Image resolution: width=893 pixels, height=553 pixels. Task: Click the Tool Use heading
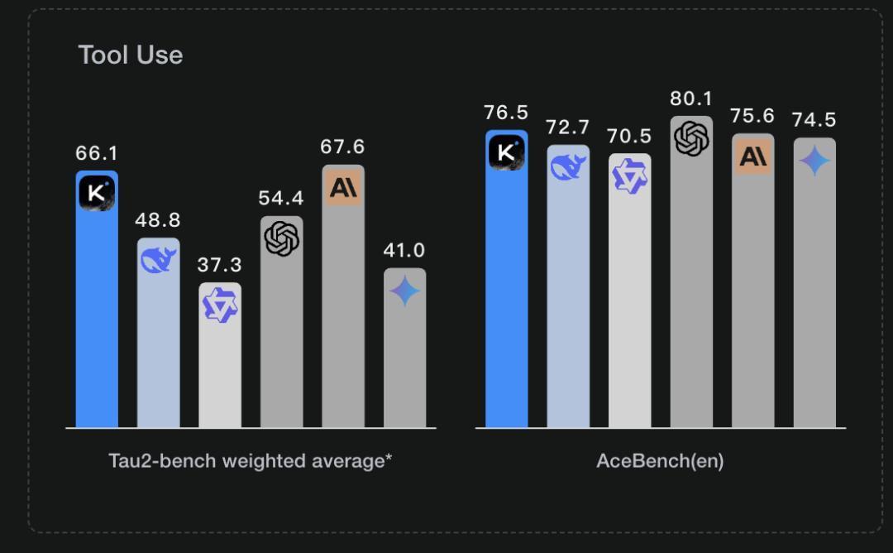pyautogui.click(x=131, y=55)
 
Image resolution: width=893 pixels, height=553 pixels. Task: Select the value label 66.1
pyautogui.click(x=97, y=153)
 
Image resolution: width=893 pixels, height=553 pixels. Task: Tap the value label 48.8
pyautogui.click(x=158, y=220)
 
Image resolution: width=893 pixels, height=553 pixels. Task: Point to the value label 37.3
pyautogui.click(x=220, y=265)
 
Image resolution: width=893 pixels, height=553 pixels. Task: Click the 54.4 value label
pyautogui.click(x=281, y=199)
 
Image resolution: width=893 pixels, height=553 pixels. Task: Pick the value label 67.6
pyautogui.click(x=343, y=147)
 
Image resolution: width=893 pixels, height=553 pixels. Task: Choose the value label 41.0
pyautogui.click(x=404, y=250)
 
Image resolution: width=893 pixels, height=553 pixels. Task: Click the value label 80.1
pyautogui.click(x=691, y=99)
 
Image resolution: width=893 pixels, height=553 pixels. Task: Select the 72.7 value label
pyautogui.click(x=568, y=127)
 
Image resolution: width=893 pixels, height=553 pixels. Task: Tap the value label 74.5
pyautogui.click(x=814, y=120)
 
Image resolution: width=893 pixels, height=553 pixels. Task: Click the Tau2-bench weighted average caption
pyautogui.click(x=250, y=460)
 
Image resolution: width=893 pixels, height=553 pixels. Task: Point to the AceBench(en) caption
pyautogui.click(x=660, y=460)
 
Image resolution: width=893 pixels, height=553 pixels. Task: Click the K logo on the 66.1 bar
pyautogui.click(x=97, y=193)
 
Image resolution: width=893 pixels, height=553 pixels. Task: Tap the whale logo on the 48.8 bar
pyautogui.click(x=158, y=260)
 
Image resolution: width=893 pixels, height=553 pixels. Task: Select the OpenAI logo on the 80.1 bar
pyautogui.click(x=691, y=138)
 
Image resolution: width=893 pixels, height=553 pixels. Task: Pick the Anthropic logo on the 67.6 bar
pyautogui.click(x=343, y=187)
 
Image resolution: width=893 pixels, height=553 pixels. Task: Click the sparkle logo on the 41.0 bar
pyautogui.click(x=404, y=291)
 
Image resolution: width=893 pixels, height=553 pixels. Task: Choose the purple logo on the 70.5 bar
pyautogui.click(x=630, y=176)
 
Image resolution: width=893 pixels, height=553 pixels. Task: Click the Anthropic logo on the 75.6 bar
pyautogui.click(x=753, y=156)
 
